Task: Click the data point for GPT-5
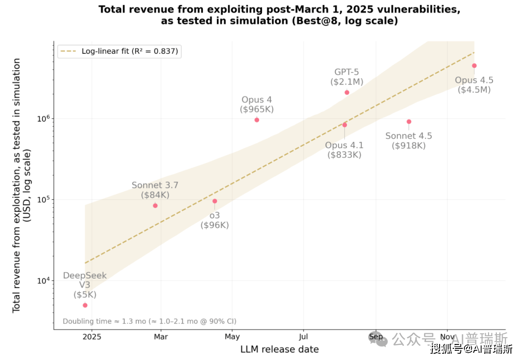pyautogui.click(x=347, y=92)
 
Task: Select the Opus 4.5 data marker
pyautogui.click(x=475, y=65)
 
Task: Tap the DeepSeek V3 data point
pyautogui.click(x=85, y=305)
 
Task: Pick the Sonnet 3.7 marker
pyautogui.click(x=155, y=206)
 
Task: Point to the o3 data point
pyautogui.click(x=214, y=201)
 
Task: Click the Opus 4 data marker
pyautogui.click(x=257, y=120)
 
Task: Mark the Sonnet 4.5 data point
pyautogui.click(x=409, y=122)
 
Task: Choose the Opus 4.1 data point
pyautogui.click(x=344, y=125)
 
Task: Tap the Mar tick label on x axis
pyautogui.click(x=161, y=337)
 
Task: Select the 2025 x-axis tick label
pyautogui.click(x=92, y=337)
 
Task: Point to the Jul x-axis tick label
pyautogui.click(x=303, y=337)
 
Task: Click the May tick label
pyautogui.click(x=232, y=337)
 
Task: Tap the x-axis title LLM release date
pyautogui.click(x=279, y=349)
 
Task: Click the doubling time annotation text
pyautogui.click(x=149, y=321)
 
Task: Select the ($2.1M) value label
pyautogui.click(x=347, y=82)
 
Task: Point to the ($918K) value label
pyautogui.click(x=408, y=146)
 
